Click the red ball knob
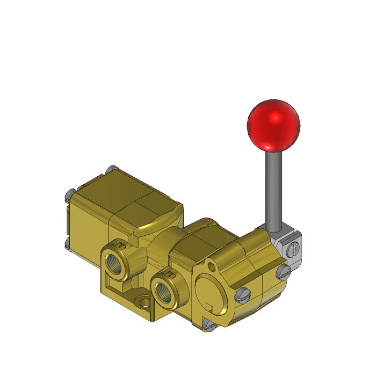coord(273,125)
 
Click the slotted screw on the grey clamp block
coord(293,250)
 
